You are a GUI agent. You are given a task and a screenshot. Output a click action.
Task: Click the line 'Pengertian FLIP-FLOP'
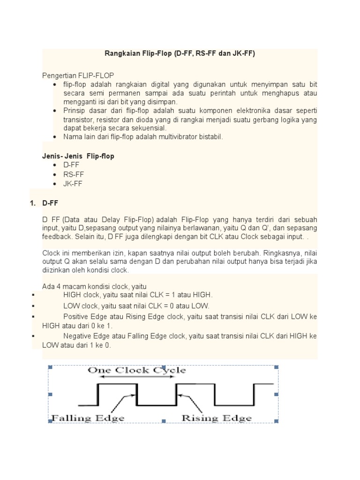tap(78, 75)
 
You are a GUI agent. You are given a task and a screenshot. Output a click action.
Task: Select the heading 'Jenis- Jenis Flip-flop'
tap(78, 156)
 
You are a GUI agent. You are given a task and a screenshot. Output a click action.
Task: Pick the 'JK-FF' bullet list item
tap(73, 184)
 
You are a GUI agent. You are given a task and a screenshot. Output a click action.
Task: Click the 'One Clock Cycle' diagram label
tap(137, 370)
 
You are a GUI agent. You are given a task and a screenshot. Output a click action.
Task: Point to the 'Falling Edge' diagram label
tap(88, 418)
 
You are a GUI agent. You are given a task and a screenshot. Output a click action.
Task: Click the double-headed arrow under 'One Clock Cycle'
tap(136, 377)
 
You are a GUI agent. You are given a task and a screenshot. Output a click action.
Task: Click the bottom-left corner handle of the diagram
tap(50, 421)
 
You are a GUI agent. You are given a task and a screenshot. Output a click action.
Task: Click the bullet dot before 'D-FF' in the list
tap(55, 165)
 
